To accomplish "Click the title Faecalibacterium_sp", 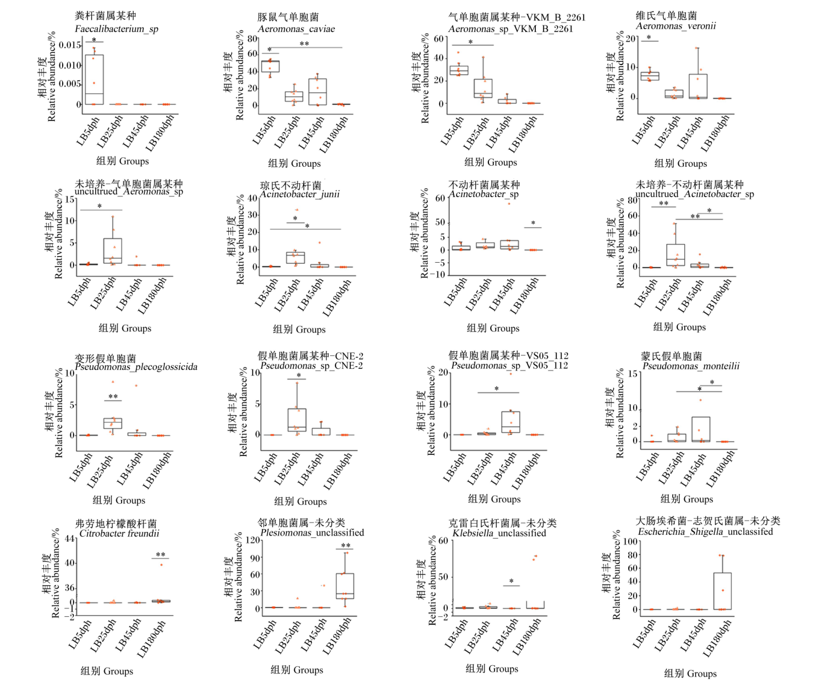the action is (x=117, y=29).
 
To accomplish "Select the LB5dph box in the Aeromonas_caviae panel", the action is (x=270, y=66).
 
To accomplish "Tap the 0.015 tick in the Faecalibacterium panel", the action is (x=70, y=45).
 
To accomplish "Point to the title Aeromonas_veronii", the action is (x=675, y=26).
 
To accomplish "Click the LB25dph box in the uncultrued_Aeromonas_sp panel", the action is (x=113, y=251).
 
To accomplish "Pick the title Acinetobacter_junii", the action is (x=299, y=194).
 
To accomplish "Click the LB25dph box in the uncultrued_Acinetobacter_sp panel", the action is (x=675, y=255).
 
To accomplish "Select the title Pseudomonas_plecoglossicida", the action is (x=136, y=367).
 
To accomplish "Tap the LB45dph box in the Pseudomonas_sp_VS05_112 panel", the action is (x=510, y=422).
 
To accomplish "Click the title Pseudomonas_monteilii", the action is (x=691, y=366).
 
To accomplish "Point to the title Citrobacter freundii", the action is (x=119, y=534).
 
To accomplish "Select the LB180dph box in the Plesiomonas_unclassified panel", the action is (x=344, y=586).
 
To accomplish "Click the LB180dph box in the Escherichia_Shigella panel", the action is (x=722, y=591).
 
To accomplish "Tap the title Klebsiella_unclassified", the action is (x=499, y=533).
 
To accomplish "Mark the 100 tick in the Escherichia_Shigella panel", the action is (x=630, y=541).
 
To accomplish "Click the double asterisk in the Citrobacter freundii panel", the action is (x=161, y=554).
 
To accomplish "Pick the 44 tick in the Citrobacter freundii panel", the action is (x=69, y=539).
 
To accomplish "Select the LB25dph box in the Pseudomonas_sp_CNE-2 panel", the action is (x=297, y=420).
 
